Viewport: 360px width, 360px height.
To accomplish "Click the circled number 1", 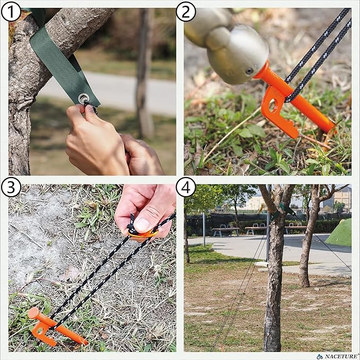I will [11, 11].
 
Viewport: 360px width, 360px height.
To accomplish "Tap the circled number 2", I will [186, 11].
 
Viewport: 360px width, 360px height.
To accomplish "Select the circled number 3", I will [11, 187].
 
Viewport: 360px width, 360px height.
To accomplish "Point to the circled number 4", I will [186, 187].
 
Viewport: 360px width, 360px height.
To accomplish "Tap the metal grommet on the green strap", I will [84, 98].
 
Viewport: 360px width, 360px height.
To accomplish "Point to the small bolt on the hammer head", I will [249, 71].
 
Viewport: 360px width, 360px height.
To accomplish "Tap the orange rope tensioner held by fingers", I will [142, 233].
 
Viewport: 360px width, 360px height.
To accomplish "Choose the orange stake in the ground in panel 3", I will [56, 327].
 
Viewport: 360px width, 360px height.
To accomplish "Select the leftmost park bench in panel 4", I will [225, 231].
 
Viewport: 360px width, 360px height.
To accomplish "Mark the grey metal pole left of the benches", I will [204, 229].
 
